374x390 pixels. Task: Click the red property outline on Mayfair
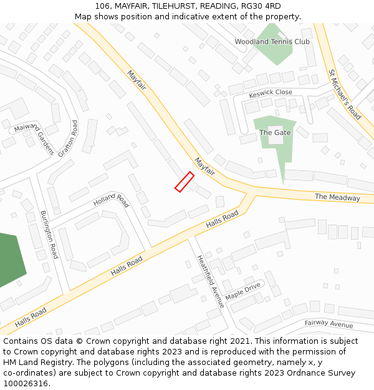(x=184, y=182)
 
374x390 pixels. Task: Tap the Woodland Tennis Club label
(x=272, y=42)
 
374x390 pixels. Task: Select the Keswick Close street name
(x=271, y=93)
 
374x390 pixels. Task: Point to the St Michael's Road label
(x=345, y=94)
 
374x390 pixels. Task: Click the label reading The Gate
(x=275, y=132)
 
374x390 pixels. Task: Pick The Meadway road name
(x=337, y=197)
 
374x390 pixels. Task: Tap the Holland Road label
(x=111, y=201)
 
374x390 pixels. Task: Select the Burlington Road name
(x=49, y=234)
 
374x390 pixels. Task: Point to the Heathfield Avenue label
(x=211, y=281)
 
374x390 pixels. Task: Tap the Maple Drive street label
(x=243, y=290)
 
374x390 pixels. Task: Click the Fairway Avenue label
(x=328, y=324)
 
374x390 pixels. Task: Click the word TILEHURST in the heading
(x=172, y=6)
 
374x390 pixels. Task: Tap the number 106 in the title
(x=102, y=6)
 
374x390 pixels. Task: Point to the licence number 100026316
(x=25, y=383)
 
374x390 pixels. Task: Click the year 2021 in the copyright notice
(x=239, y=341)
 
